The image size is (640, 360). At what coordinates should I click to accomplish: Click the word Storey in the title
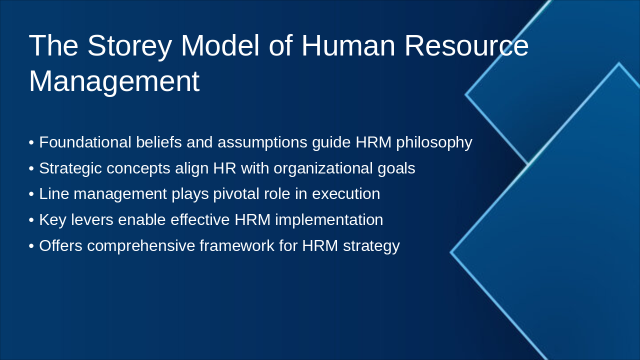click(129, 45)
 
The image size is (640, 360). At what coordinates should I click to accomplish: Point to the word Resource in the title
click(466, 45)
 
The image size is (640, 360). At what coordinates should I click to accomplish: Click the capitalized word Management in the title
click(114, 81)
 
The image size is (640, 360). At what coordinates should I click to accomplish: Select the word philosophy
click(434, 142)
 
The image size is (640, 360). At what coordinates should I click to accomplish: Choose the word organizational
click(324, 168)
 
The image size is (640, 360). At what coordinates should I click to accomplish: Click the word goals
click(395, 168)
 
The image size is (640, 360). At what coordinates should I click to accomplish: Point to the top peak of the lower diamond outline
click(619, 63)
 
